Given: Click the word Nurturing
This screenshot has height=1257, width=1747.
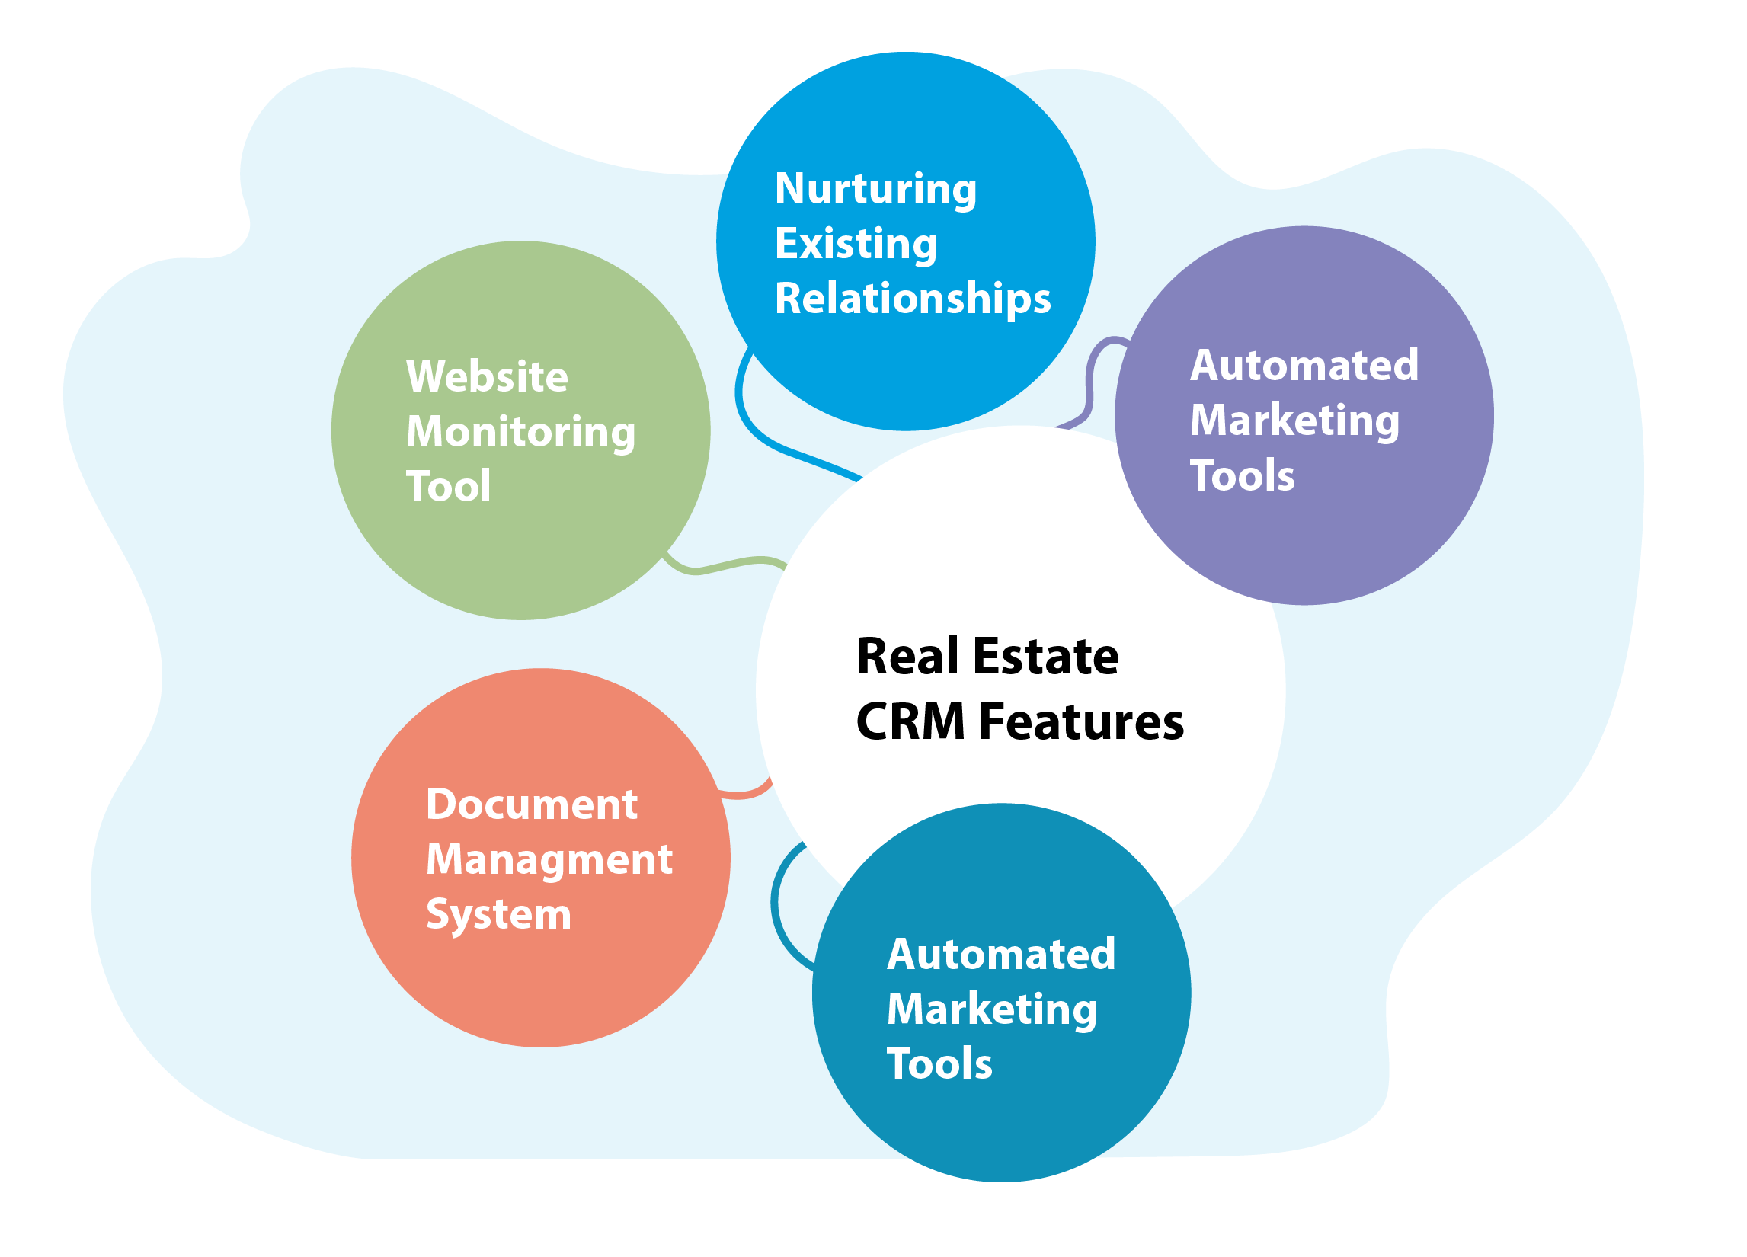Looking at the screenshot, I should [x=876, y=190].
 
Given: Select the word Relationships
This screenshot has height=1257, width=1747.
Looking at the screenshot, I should [x=913, y=299].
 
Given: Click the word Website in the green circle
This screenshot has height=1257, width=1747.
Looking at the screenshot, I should [x=487, y=376].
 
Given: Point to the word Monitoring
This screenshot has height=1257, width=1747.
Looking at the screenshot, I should [x=520, y=432].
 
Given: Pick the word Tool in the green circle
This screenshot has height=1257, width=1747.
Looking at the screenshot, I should [x=448, y=486].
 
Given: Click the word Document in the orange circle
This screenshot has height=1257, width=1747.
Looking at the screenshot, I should [x=532, y=805].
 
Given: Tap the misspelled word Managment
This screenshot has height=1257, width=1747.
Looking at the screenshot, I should [x=549, y=859].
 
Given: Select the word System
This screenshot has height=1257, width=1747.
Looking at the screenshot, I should [x=498, y=914].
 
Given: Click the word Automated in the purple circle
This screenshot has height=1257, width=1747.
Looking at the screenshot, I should [x=1304, y=365].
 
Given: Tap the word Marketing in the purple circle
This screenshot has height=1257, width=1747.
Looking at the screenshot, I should [x=1295, y=421].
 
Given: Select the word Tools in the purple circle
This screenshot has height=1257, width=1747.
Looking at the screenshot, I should [x=1243, y=475].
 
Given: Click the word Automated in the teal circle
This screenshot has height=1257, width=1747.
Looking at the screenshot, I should [x=1000, y=955].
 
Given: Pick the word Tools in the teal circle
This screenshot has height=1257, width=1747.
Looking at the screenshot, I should [x=939, y=1063].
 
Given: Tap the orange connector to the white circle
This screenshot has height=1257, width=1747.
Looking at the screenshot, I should [x=746, y=793].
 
